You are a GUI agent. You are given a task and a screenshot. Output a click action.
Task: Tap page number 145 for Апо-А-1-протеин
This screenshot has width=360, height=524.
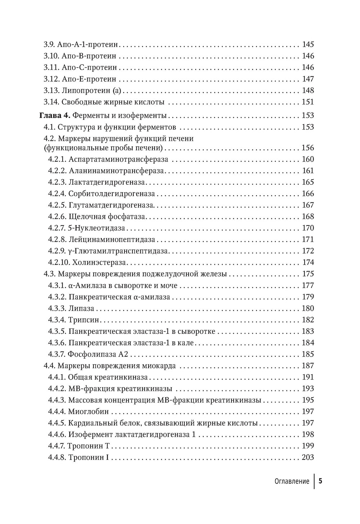[x=308, y=45]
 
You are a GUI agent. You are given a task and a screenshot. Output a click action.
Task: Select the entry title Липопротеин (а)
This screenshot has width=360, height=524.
[x=93, y=90]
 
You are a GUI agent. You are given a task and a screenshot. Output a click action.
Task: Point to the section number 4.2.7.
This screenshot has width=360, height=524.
[x=57, y=228]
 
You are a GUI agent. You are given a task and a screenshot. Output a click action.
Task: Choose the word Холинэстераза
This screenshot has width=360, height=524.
[x=95, y=262]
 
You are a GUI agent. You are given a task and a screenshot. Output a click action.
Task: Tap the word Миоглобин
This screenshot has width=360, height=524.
[x=88, y=412]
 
